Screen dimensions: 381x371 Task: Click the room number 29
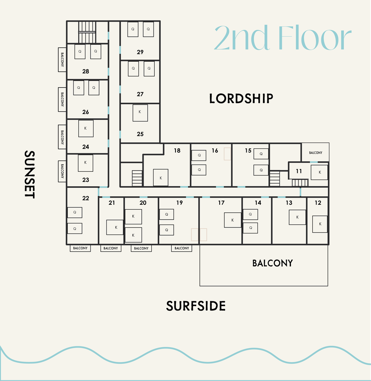tap(140, 52)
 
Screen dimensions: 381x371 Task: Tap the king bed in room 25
tap(140, 113)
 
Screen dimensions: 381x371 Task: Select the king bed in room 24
tap(86, 128)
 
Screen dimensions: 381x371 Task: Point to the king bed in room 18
tap(161, 178)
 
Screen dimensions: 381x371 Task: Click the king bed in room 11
tap(319, 172)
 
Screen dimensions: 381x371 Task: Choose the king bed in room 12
tap(320, 224)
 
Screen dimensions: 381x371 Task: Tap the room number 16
tap(215, 150)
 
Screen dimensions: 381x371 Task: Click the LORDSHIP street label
tap(241, 99)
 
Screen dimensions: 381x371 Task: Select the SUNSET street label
tap(29, 174)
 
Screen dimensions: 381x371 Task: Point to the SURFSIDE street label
tap(196, 306)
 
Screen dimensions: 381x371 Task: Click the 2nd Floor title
tap(282, 38)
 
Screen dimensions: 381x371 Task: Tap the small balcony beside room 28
tap(62, 59)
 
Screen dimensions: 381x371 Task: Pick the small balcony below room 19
tap(181, 248)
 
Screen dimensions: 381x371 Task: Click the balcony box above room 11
tap(315, 152)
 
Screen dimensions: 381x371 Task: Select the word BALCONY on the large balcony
tap(272, 263)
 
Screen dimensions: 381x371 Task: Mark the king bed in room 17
tap(233, 220)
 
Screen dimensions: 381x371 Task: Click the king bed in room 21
tap(115, 227)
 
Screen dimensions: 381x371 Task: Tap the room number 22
tap(86, 198)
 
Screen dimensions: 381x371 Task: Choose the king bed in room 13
tap(297, 217)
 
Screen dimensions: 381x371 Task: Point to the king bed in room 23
tap(85, 163)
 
